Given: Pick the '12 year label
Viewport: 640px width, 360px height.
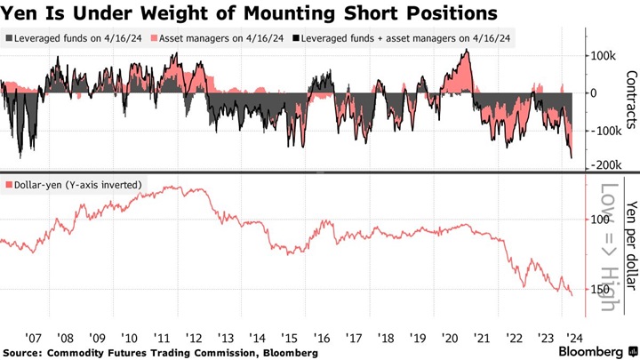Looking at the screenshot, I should point(193,338).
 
